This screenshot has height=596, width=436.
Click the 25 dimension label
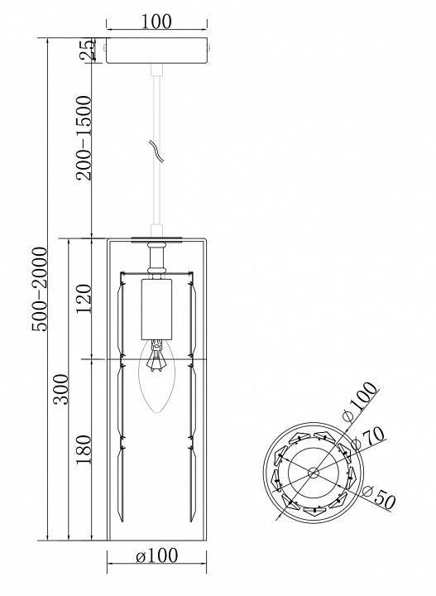(87, 50)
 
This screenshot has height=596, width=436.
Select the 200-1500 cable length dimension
(84, 137)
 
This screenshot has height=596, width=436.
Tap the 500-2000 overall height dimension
(39, 289)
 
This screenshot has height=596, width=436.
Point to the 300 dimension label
(60, 389)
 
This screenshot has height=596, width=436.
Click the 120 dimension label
(84, 298)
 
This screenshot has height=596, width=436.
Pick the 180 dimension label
(84, 449)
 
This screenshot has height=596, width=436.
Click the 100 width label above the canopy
(156, 22)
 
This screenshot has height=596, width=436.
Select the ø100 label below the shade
(156, 555)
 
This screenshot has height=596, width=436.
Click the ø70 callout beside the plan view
(368, 438)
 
